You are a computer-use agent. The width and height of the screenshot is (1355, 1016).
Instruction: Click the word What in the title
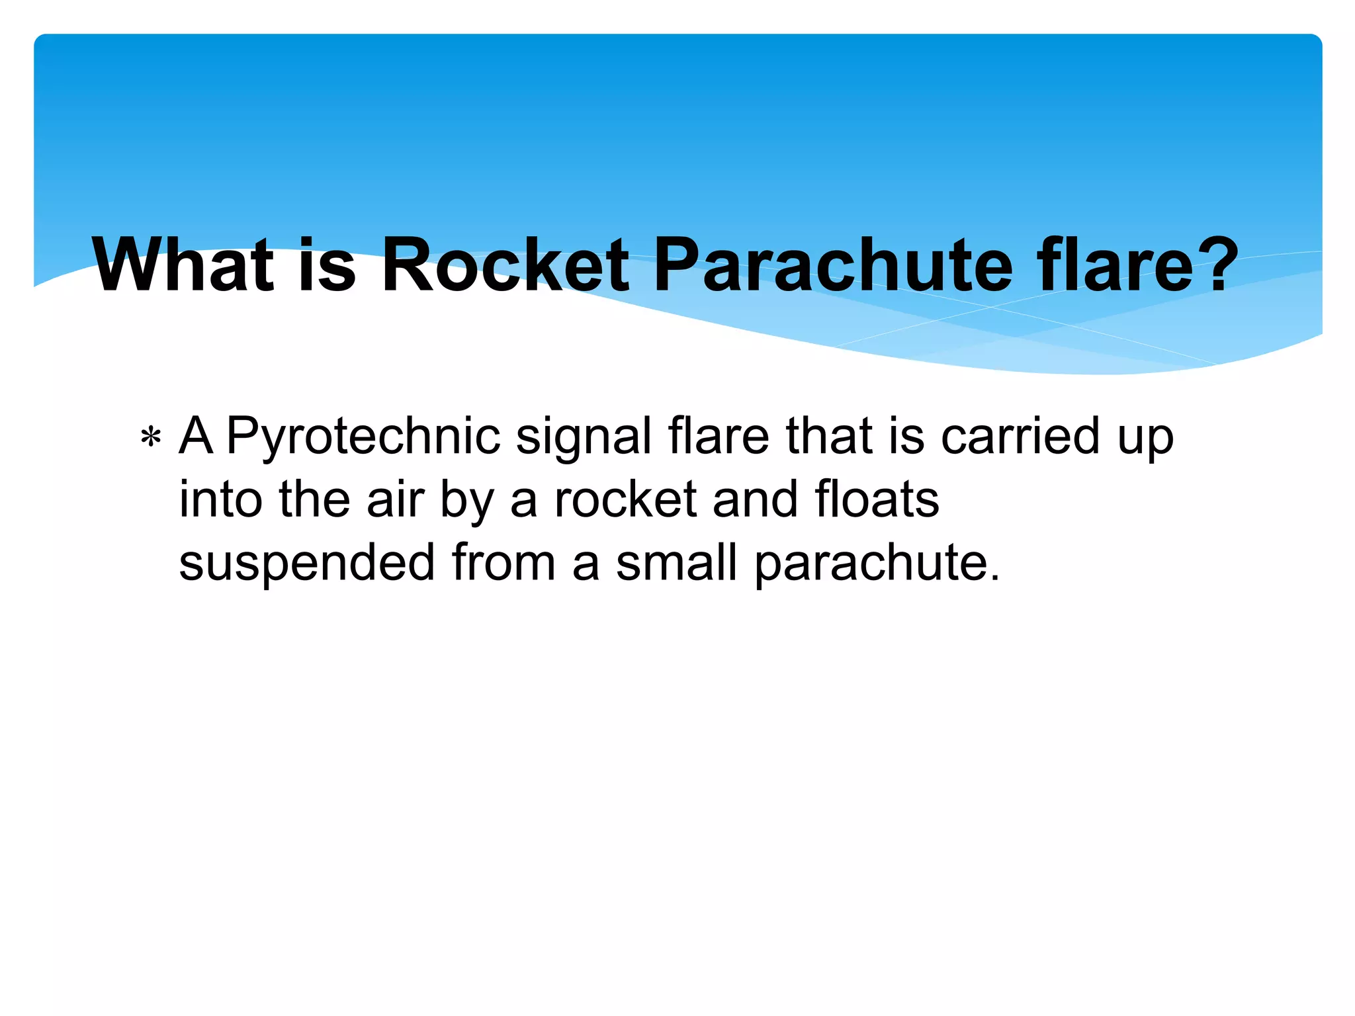coord(183,265)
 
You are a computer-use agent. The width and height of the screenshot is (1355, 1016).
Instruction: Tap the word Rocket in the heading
coord(505,265)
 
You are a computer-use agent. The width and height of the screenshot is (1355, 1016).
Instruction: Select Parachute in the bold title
coord(833,265)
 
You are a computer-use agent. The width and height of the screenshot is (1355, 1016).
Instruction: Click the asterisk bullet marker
coord(151,439)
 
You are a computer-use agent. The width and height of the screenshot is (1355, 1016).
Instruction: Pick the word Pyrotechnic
coord(363,437)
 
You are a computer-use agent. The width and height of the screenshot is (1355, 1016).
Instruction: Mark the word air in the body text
coord(395,499)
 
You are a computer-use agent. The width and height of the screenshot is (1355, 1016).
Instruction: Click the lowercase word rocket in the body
coord(625,499)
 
